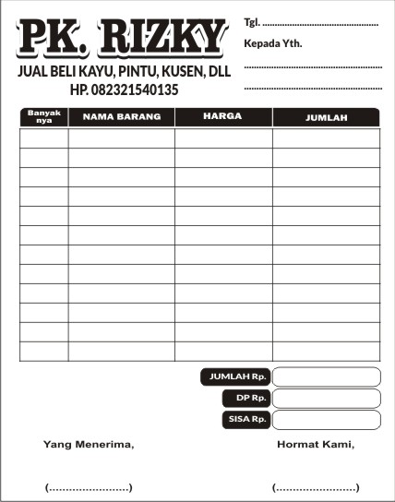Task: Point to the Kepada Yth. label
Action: coord(273,43)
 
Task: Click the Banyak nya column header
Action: coord(43,116)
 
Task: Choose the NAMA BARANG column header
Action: coord(121,117)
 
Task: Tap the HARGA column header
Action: coord(222,117)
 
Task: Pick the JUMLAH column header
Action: coord(326,117)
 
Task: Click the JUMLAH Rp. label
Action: coord(237,376)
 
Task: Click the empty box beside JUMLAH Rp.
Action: coord(326,376)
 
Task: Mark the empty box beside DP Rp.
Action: coord(326,398)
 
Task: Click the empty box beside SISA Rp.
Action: coord(326,420)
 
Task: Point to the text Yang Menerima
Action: coord(89,445)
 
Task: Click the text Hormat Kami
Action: coord(316,445)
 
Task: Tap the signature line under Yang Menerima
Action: coord(89,487)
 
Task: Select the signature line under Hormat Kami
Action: coord(316,487)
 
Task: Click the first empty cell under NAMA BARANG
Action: coord(121,137)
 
